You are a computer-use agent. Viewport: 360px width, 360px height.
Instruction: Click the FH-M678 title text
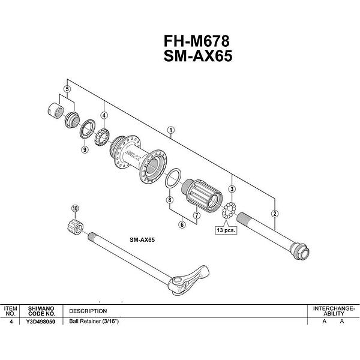pyautogui.click(x=197, y=41)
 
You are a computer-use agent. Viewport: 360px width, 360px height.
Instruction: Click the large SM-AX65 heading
pyautogui.click(x=198, y=56)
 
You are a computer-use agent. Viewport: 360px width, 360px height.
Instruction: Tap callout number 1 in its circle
pyautogui.click(x=171, y=130)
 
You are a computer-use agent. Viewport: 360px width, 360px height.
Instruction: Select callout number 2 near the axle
pyautogui.click(x=275, y=214)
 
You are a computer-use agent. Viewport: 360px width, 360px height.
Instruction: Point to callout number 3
pyautogui.click(x=232, y=189)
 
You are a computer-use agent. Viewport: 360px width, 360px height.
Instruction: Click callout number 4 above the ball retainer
pyautogui.click(x=104, y=115)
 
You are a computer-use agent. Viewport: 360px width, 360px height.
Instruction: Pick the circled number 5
pyautogui.click(x=67, y=89)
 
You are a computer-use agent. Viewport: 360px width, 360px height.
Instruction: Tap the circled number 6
pyautogui.click(x=182, y=224)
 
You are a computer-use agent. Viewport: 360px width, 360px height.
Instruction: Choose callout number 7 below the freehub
pyautogui.click(x=197, y=215)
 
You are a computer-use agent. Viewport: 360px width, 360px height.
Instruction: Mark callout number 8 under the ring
pyautogui.click(x=170, y=200)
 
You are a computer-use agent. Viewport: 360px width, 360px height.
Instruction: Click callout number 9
pyautogui.click(x=85, y=149)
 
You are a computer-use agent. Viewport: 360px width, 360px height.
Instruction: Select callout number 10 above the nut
pyautogui.click(x=75, y=208)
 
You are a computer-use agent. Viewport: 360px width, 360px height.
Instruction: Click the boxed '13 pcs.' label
pyautogui.click(x=226, y=230)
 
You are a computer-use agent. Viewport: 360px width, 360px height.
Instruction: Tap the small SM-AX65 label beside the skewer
pyautogui.click(x=142, y=240)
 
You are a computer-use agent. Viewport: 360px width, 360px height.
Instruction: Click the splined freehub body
pyautogui.click(x=202, y=196)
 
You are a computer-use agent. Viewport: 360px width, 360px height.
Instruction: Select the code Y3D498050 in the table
pyautogui.click(x=41, y=322)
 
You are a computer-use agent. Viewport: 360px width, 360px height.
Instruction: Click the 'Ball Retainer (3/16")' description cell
pyautogui.click(x=94, y=321)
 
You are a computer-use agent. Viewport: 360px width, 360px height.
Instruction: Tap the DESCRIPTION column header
pyautogui.click(x=88, y=311)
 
